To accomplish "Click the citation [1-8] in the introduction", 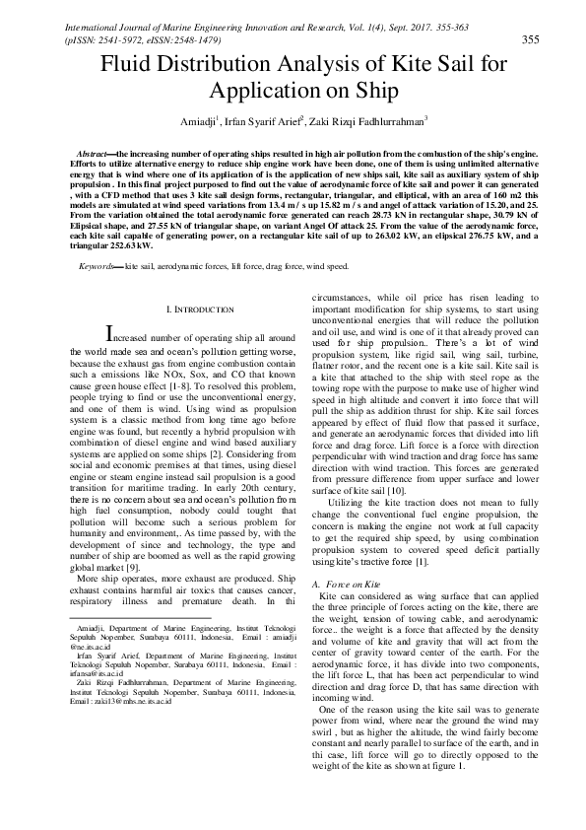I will [x=202, y=392].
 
